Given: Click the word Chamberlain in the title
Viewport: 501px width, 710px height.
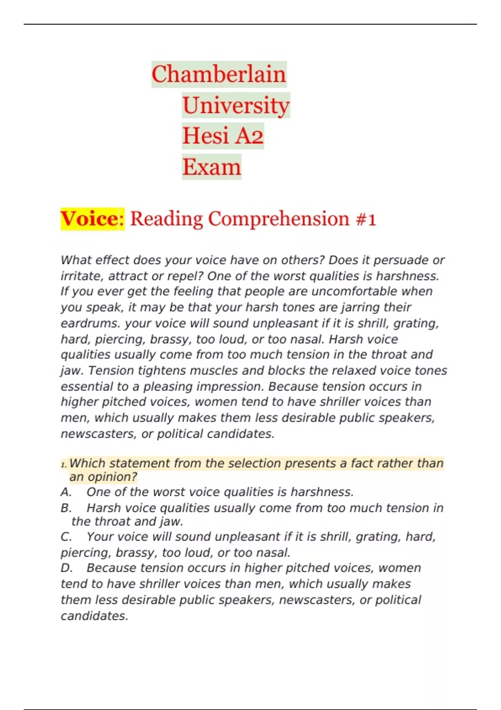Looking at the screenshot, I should (218, 74).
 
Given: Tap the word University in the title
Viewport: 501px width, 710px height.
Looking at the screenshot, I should (236, 105).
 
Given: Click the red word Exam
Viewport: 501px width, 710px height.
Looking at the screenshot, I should (212, 167).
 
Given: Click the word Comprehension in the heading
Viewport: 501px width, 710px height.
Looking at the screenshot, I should (278, 219).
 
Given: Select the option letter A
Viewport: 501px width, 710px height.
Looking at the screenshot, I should (66, 492).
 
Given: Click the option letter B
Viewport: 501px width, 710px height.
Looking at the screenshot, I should (66, 508).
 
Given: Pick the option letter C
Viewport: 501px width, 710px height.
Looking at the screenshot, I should (66, 537).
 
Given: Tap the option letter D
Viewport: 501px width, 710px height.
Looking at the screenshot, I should (66, 568).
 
